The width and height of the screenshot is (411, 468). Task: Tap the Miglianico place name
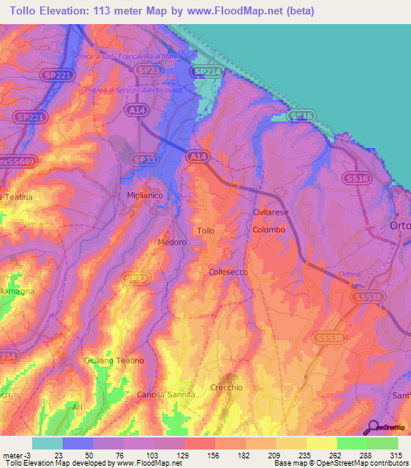click(x=144, y=195)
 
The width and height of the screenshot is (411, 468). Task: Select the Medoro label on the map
click(x=172, y=241)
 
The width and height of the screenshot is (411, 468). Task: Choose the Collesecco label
click(x=230, y=273)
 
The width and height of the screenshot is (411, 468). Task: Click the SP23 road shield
click(x=147, y=71)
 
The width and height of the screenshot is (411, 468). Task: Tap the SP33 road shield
click(x=144, y=160)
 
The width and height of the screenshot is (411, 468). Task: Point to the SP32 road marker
click(x=136, y=279)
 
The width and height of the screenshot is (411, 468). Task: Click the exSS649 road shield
click(x=15, y=161)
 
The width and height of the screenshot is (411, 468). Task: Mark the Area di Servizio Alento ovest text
click(x=136, y=89)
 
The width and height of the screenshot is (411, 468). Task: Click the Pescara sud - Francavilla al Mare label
click(x=130, y=56)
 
